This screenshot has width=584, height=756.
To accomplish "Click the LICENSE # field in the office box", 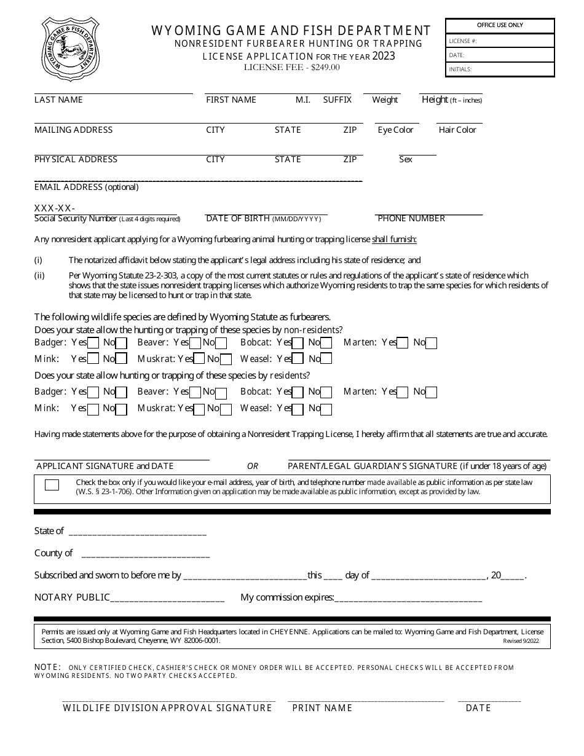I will [x=500, y=41].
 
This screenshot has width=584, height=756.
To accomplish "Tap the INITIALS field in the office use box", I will [x=500, y=69].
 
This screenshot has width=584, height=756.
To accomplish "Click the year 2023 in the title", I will [x=384, y=56].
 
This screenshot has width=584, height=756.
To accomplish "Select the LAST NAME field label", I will [x=58, y=100].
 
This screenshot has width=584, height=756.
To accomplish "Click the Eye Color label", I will [x=395, y=130].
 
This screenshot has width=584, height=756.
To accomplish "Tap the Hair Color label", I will [x=457, y=130].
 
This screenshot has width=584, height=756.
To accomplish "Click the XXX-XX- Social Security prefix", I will [x=55, y=208].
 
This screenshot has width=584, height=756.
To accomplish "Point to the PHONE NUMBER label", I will [x=411, y=218].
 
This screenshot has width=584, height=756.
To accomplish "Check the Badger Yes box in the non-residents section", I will [x=93, y=343].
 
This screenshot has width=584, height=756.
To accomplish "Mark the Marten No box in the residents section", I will [x=432, y=392].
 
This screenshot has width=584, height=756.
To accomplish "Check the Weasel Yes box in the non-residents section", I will [x=298, y=359].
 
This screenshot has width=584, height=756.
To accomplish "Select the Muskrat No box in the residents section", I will [x=226, y=409].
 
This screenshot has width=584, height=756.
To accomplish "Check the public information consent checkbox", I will [x=52, y=485].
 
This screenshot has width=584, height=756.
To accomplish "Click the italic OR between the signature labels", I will [x=253, y=466].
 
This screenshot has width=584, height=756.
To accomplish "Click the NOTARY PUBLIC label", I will [x=72, y=597].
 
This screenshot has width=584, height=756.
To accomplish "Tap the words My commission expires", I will [x=287, y=597].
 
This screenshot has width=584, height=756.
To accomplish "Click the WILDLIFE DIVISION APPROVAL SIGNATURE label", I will [x=167, y=708].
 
